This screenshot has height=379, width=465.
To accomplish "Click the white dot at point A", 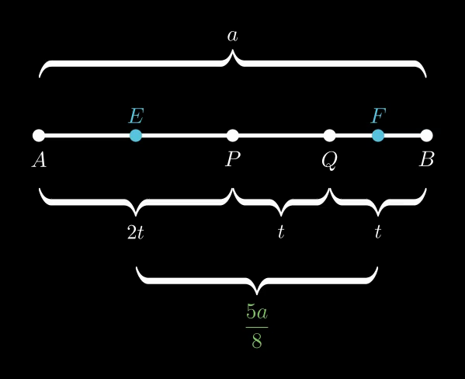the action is (x=39, y=136).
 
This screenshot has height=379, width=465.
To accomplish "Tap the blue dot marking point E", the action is (x=136, y=136).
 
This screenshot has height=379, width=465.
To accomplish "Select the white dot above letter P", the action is (x=233, y=136).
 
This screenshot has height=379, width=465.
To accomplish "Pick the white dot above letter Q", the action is (x=329, y=136).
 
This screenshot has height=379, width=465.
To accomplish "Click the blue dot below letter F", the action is (x=378, y=136).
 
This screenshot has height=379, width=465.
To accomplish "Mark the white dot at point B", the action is (x=426, y=136).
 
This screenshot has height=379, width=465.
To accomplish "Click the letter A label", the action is (x=39, y=160).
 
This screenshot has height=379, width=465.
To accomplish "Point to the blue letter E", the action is (x=137, y=116).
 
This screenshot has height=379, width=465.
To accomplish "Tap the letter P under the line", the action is (x=233, y=159).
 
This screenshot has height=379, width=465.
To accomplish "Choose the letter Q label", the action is (x=329, y=161).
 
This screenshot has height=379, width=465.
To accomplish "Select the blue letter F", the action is (x=378, y=116).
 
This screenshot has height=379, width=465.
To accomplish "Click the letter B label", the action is (x=427, y=159).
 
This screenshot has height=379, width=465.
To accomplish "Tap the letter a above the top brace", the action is (x=233, y=37).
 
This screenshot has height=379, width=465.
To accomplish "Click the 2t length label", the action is (x=136, y=232).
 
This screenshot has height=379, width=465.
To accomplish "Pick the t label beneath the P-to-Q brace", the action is (x=281, y=231).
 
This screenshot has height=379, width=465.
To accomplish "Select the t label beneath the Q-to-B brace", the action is (x=378, y=231).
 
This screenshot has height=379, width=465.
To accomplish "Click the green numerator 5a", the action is (x=257, y=312).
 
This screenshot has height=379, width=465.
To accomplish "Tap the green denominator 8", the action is (x=257, y=341).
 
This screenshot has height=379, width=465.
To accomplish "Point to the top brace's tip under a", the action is (x=233, y=50).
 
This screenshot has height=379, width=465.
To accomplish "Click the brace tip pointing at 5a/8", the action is (x=257, y=294).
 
